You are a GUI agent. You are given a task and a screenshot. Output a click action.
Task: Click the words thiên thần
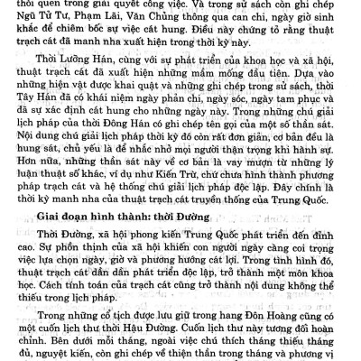click(x=191, y=356)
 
